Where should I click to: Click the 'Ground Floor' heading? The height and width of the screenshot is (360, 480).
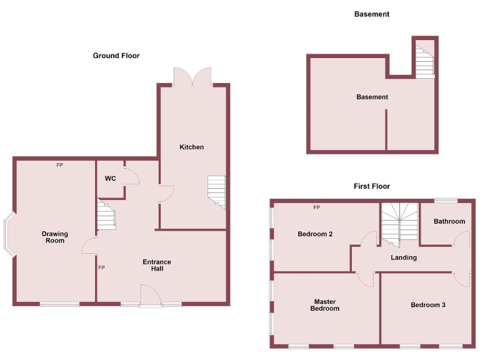point(116,56)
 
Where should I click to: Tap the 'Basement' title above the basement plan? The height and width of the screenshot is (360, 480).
point(372,14)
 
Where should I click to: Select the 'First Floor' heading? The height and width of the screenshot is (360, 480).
point(372,186)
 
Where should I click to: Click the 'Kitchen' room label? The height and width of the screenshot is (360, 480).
point(192,147)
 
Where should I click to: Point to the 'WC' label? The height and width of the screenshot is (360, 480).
point(110,179)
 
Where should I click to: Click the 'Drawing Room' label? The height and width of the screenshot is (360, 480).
point(55,237)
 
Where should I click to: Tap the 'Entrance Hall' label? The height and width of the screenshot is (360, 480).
point(157,265)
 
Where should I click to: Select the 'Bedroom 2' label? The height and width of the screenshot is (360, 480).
point(315,234)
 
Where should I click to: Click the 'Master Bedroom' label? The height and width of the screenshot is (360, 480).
point(326,305)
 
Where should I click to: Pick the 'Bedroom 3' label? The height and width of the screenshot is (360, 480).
point(428,305)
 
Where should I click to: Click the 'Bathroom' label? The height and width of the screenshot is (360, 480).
point(449,221)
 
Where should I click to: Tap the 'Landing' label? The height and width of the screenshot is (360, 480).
point(404,257)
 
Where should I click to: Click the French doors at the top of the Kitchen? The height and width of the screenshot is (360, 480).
point(193,77)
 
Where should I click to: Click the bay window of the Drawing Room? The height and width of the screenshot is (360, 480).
point(9,235)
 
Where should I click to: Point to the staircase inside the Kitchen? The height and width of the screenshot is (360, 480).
point(216,191)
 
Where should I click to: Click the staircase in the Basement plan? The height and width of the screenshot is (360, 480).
point(425,59)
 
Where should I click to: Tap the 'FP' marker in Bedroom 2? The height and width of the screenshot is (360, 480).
point(316,207)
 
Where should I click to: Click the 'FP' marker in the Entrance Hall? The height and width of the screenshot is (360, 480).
point(101,268)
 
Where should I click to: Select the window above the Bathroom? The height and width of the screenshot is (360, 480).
point(446,200)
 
